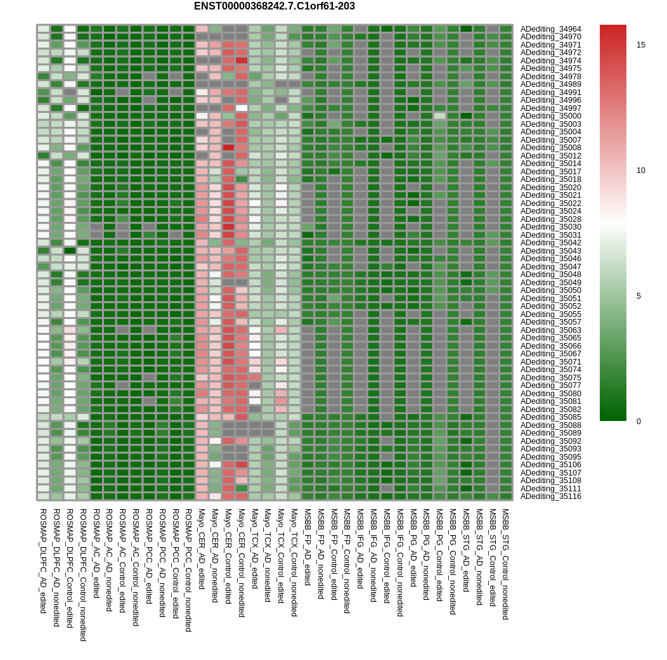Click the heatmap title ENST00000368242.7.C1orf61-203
[x=275, y=6]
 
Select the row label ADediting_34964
[x=550, y=29]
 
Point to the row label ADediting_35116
[x=550, y=496]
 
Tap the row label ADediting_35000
[x=550, y=116]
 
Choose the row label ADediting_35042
[x=550, y=243]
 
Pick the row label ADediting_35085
[x=550, y=417]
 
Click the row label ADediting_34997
[x=550, y=108]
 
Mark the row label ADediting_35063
[x=550, y=330]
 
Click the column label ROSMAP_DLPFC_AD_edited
[x=43, y=561]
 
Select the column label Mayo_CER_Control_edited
[x=228, y=556]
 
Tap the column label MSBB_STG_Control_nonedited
[x=505, y=564]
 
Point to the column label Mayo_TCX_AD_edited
[x=254, y=548]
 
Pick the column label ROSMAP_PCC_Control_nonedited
[x=188, y=570]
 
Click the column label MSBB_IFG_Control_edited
[x=387, y=556]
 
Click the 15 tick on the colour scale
[x=640, y=45]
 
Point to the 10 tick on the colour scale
[x=640, y=171]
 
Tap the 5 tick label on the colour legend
[x=638, y=296]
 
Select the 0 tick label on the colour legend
[x=638, y=422]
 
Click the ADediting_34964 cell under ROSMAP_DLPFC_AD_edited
[x=43, y=29]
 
